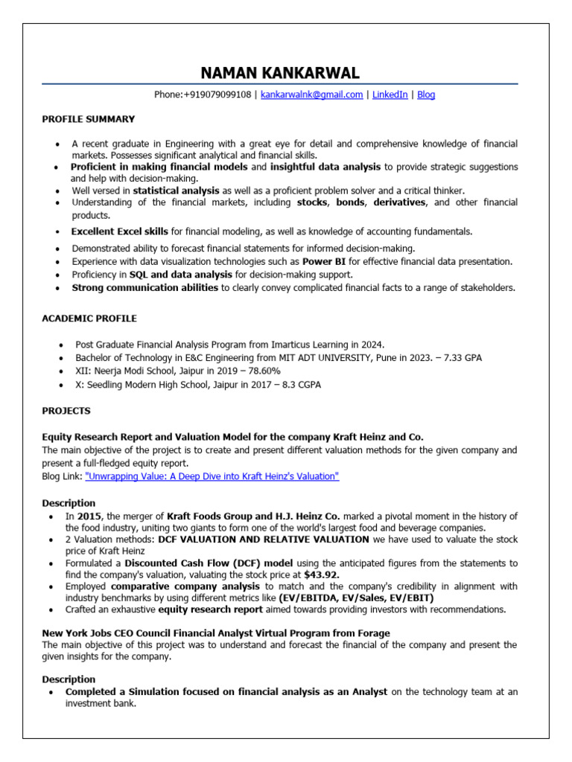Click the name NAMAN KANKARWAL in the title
pos(280,73)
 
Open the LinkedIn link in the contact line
pos(390,95)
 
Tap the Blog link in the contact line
pos(426,95)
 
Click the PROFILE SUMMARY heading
pos(88,119)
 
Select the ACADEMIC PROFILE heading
pos(89,318)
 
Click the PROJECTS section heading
pos(66,411)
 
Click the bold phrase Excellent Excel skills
pos(119,232)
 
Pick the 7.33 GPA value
pos(463,358)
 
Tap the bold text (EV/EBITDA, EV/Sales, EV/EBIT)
pos(356,598)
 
